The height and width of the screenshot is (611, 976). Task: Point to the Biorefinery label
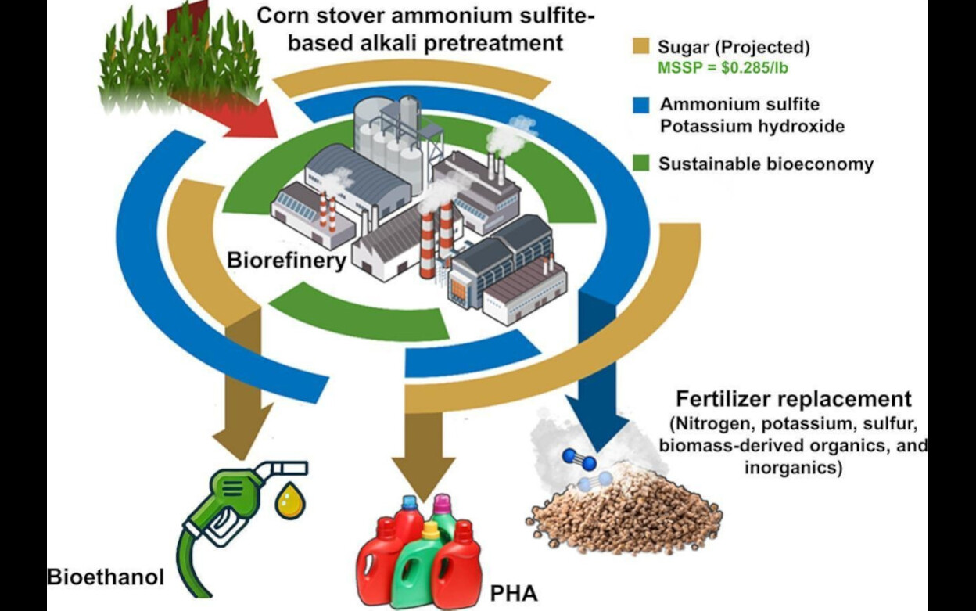point(286,261)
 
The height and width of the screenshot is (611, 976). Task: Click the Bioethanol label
point(106,578)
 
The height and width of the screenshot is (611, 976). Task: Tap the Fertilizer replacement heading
point(794,398)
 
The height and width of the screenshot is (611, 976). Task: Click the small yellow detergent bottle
point(430,539)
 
